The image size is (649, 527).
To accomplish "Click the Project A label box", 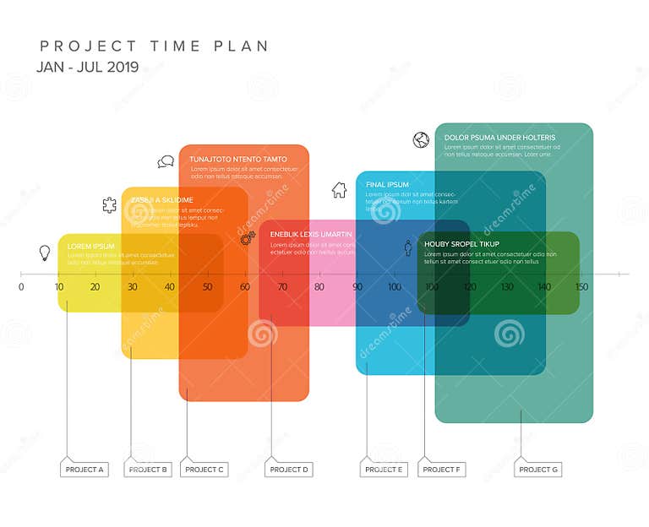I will click(x=85, y=470).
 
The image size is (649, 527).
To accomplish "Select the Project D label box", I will click(x=289, y=470).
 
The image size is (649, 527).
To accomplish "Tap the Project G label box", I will click(x=538, y=470).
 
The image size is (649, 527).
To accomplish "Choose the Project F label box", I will click(x=442, y=470).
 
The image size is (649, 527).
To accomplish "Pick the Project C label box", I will click(x=205, y=470).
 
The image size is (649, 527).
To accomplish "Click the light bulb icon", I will click(x=45, y=252).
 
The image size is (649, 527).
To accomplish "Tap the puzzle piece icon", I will click(x=109, y=204).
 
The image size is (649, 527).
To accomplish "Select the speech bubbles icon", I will click(x=166, y=161).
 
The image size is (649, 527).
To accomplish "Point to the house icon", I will click(x=339, y=190).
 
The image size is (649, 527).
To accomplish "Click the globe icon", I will click(x=421, y=140).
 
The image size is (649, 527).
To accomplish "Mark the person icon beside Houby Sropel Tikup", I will click(x=408, y=247).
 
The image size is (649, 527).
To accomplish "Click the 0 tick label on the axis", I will click(x=21, y=287).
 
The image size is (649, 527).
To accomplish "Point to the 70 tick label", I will click(x=282, y=287).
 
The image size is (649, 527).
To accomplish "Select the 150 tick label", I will click(x=581, y=287).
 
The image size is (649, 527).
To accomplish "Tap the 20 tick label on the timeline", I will click(x=95, y=287).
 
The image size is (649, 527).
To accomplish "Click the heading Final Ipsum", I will click(x=387, y=185).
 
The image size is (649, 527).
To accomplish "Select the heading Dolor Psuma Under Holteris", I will click(x=499, y=138).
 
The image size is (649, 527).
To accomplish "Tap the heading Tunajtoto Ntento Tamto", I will click(x=237, y=160).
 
